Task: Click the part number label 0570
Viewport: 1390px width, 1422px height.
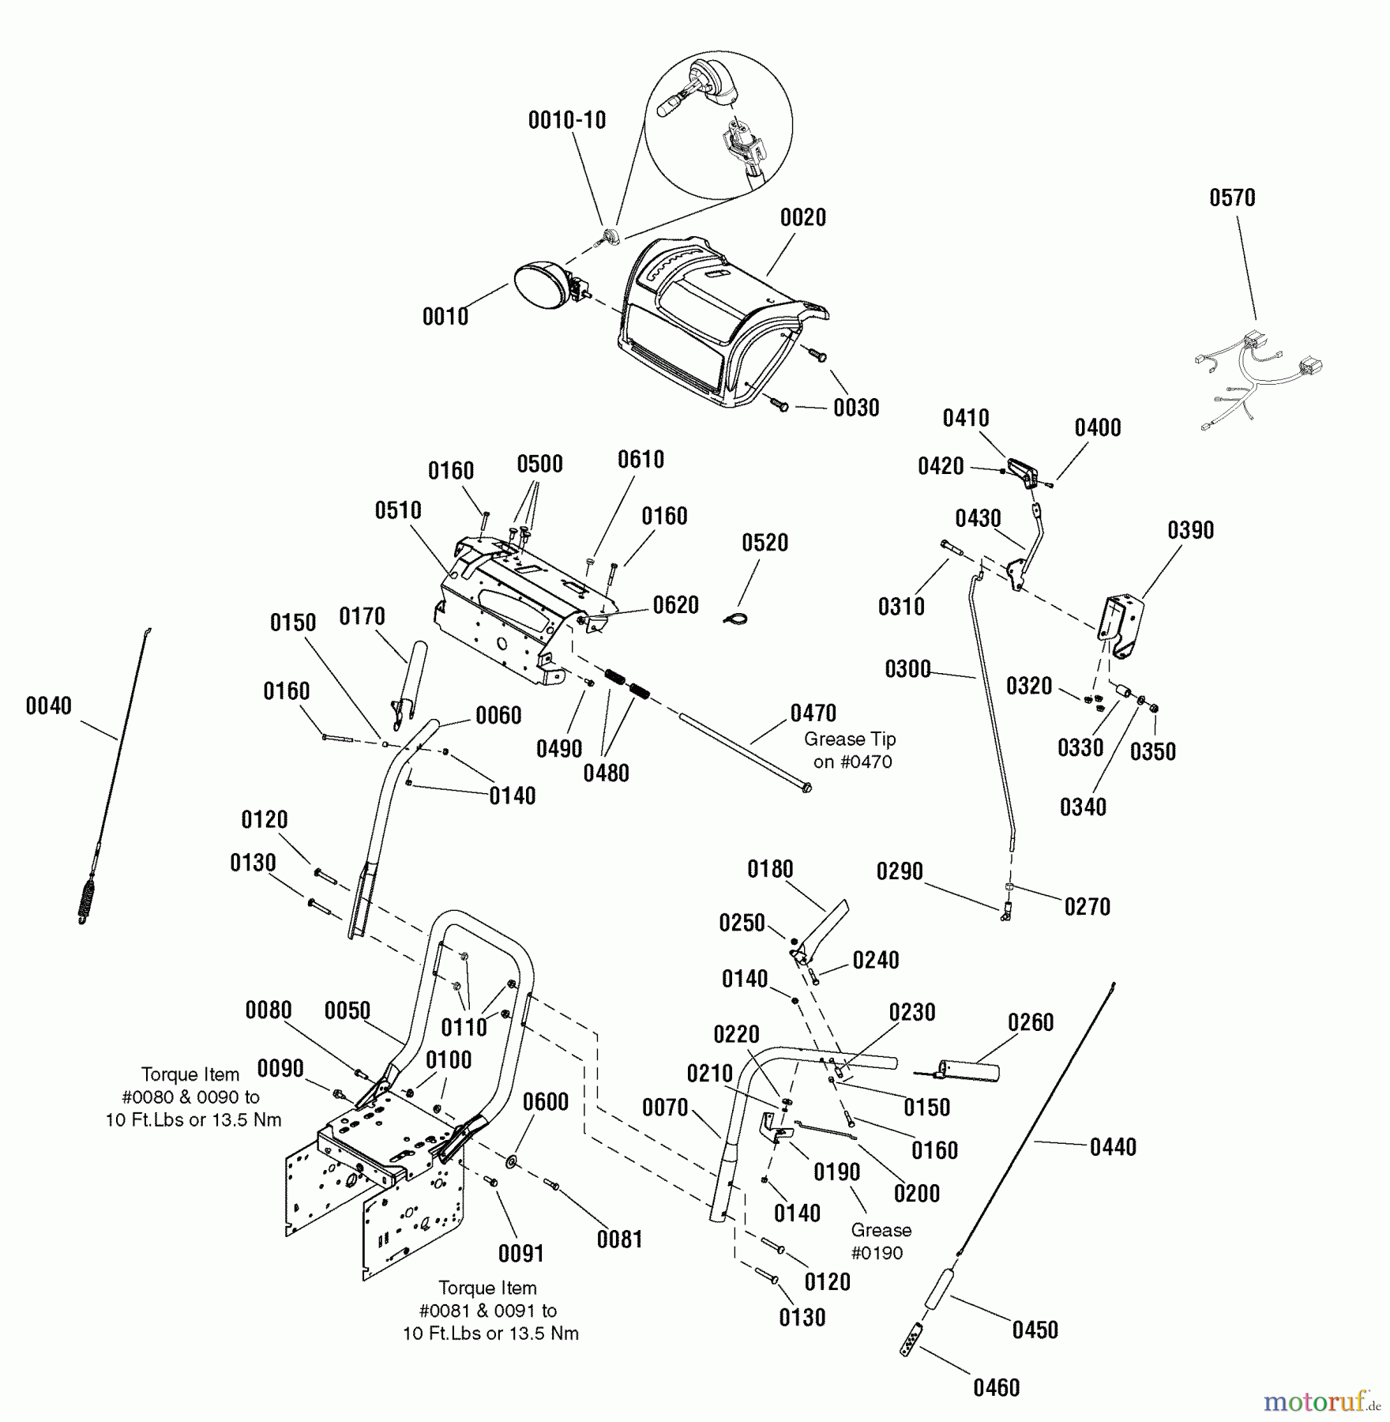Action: point(1232,197)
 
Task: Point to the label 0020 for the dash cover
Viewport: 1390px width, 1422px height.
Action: point(802,218)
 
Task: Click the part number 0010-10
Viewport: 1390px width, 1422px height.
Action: point(566,120)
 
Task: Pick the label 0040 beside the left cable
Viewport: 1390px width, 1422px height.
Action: point(48,705)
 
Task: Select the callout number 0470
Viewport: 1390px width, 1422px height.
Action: point(813,713)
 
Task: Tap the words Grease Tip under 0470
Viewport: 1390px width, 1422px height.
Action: point(850,739)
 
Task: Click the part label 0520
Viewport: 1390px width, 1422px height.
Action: point(764,543)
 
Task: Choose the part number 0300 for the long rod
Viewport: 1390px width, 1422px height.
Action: point(907,669)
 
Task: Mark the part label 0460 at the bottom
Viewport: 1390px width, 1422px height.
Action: point(996,1387)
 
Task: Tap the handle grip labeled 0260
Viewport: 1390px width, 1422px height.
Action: point(968,1072)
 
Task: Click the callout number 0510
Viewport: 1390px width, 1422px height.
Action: point(397,510)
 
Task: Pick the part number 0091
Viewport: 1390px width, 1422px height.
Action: point(521,1253)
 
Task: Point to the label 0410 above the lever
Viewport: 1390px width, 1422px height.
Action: point(965,418)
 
